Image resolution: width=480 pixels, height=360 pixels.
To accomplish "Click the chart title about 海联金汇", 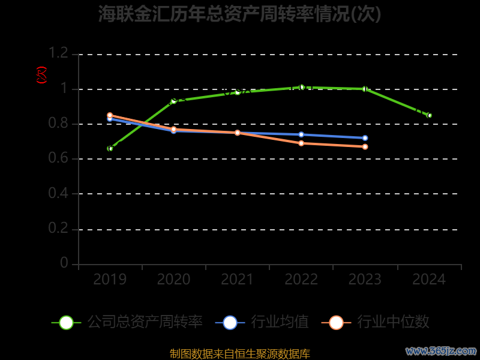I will pos(239,14).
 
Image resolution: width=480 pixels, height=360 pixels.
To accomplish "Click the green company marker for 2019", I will pos(110,148).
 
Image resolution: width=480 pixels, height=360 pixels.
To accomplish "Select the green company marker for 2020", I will pos(174,101).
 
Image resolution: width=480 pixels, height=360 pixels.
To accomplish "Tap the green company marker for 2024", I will pos(429,115).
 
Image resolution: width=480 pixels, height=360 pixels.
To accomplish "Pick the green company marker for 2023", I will pos(365,89).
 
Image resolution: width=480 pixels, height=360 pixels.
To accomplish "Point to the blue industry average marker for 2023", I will pos(365,138).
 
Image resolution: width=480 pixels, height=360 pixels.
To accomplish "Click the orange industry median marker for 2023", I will pos(365,146).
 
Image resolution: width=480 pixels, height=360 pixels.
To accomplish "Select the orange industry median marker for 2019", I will pos(110,115).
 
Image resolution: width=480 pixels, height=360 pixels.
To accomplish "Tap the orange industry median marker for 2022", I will pos(301,143).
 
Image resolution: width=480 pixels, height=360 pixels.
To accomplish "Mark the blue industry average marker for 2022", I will pos(301,134).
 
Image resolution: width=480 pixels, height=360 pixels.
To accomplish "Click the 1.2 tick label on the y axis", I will pos(59,54).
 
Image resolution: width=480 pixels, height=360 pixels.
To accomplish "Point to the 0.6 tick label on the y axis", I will pos(59,159).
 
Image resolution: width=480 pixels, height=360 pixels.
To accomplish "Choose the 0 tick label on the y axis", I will pos(64,263).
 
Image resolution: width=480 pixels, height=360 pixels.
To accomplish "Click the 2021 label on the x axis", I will pos(238,279).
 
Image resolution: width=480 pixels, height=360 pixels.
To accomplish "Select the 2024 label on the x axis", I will pos(429,279).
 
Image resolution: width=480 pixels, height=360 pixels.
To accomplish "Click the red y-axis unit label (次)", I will pos(41,75).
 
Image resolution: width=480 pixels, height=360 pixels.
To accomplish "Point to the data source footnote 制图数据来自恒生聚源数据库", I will pos(239,353).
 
